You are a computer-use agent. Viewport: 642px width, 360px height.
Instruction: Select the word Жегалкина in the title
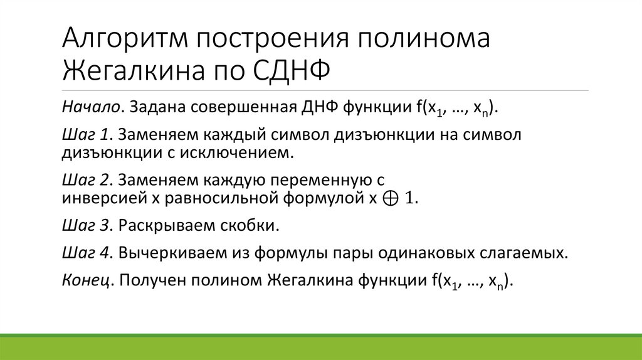[129, 68]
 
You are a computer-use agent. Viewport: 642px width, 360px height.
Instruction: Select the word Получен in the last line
[150, 282]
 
